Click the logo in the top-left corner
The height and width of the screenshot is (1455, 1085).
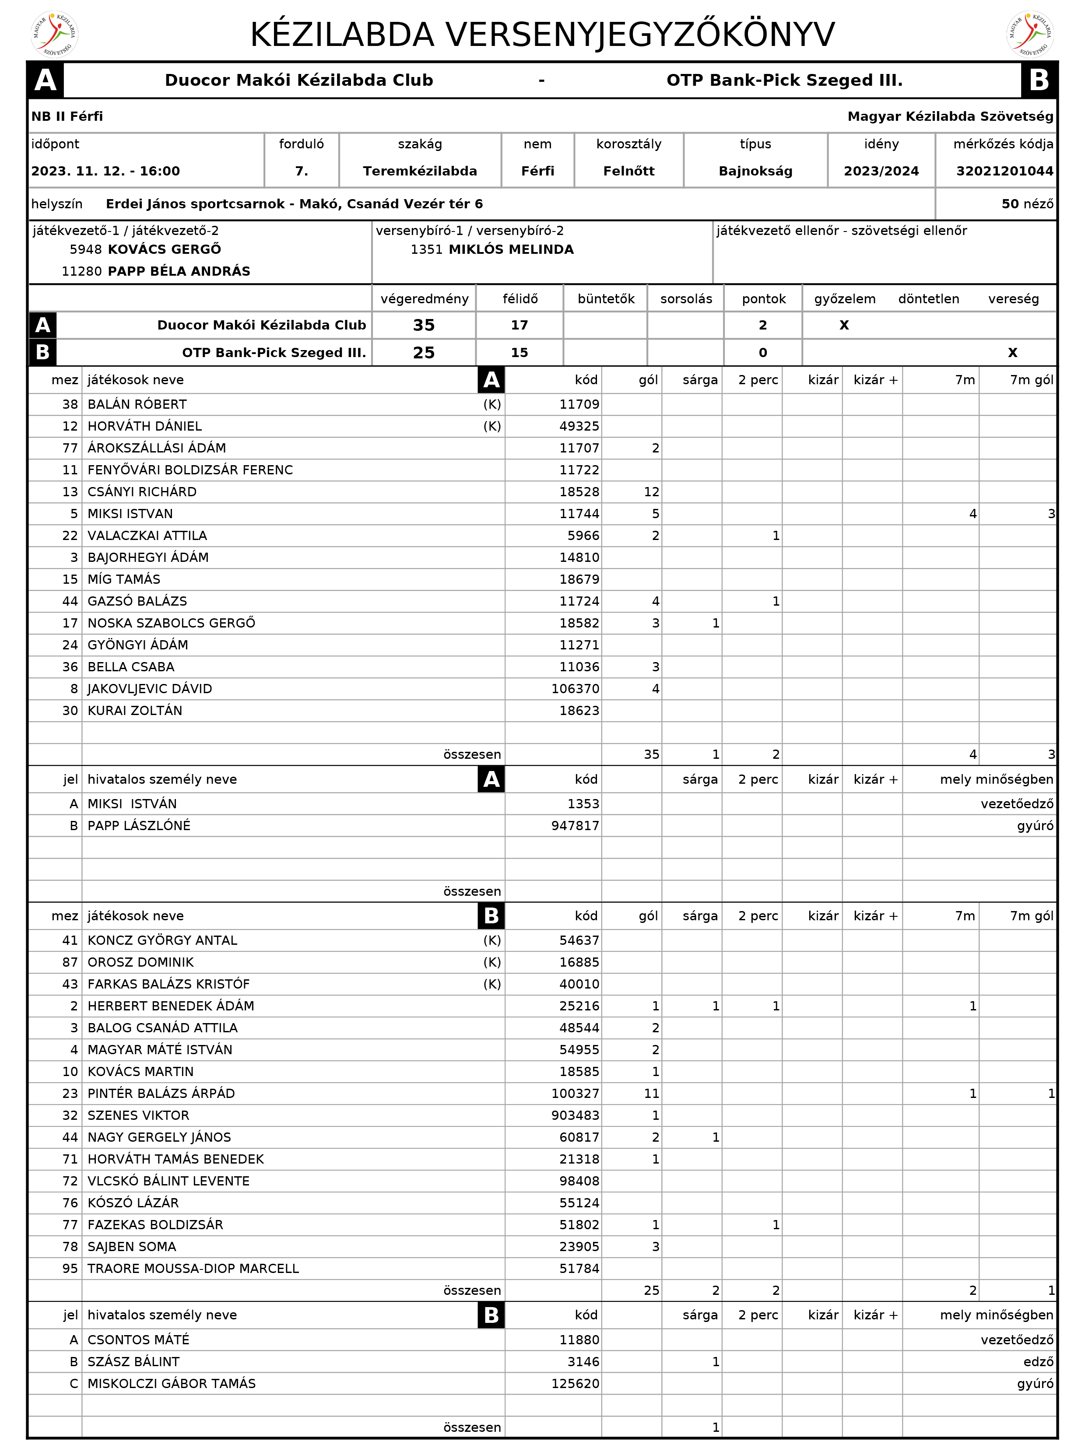pos(55,34)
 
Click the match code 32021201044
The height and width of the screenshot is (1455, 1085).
pos(1004,171)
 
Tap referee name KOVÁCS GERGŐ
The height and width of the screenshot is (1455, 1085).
pos(164,249)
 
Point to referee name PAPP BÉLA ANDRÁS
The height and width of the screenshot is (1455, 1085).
pos(179,271)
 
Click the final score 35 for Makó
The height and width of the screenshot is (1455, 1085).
pos(424,325)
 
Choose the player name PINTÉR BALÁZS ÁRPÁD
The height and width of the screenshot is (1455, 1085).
pos(161,1093)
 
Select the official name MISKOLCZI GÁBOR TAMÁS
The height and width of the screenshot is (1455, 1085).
pos(172,1383)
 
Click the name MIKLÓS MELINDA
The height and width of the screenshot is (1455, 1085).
pos(511,249)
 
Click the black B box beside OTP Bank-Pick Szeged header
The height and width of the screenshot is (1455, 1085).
pos(1038,80)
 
